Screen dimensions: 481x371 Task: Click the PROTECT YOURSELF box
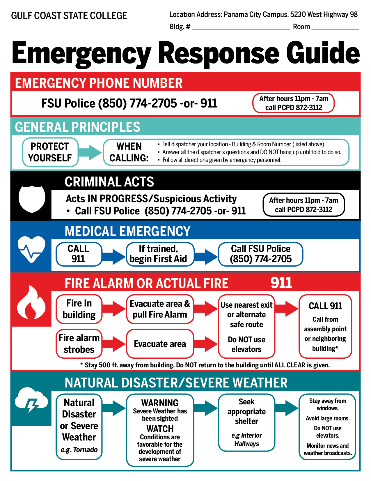(x=50, y=152)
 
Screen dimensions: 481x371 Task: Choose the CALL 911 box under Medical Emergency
(x=79, y=254)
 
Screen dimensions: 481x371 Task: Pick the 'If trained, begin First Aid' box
(x=159, y=254)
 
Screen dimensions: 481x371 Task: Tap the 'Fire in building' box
(x=79, y=309)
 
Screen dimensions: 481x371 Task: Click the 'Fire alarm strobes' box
(x=79, y=343)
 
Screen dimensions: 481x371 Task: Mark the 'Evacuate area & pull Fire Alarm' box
(x=160, y=309)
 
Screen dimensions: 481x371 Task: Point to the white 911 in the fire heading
(x=281, y=283)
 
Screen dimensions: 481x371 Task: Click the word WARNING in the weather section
(x=160, y=403)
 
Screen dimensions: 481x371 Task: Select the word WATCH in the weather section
(x=160, y=429)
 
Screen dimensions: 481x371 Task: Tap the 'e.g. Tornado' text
(x=79, y=450)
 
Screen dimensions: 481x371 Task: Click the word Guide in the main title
(x=323, y=53)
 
